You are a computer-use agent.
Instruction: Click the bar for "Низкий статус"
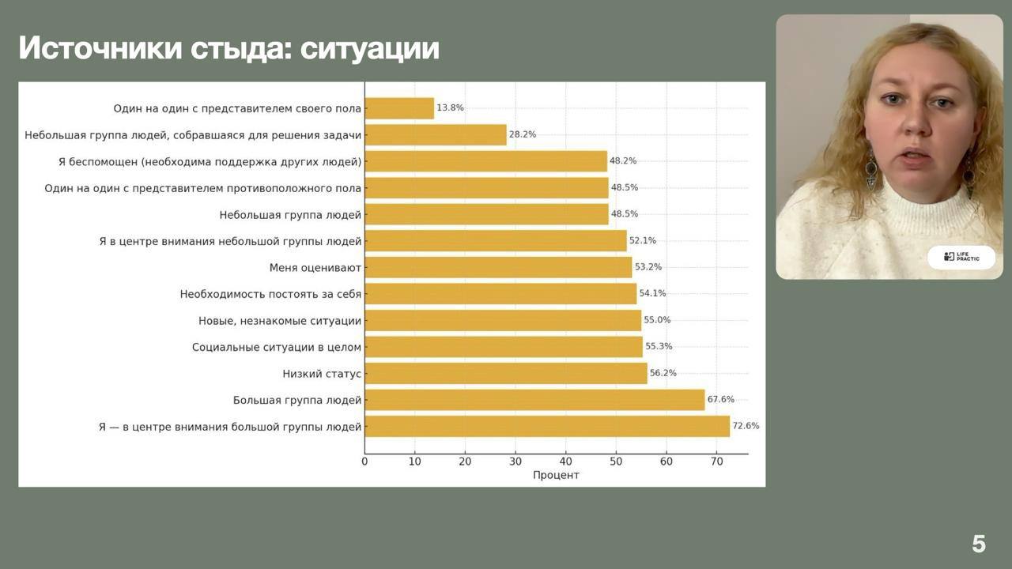click(x=506, y=373)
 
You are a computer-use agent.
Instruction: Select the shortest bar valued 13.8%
click(x=399, y=108)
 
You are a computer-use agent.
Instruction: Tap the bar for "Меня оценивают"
click(x=498, y=267)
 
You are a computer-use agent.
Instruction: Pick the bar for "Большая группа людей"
click(x=534, y=400)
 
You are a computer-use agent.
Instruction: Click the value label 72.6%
click(x=746, y=426)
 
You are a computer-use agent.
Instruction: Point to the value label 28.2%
click(x=523, y=134)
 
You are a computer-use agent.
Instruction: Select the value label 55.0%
click(x=658, y=320)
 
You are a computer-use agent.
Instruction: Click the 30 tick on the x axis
click(x=515, y=462)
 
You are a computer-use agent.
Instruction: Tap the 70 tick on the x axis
click(x=716, y=462)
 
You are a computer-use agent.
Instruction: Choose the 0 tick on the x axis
click(x=364, y=462)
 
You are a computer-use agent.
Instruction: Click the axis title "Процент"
click(x=556, y=475)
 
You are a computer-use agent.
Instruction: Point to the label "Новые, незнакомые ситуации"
click(x=280, y=320)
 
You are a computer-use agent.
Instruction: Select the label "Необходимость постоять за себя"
click(x=270, y=294)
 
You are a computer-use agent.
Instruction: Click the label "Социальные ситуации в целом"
click(x=277, y=347)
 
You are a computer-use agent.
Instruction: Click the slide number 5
click(x=979, y=544)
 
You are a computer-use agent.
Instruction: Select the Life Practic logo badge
click(x=961, y=258)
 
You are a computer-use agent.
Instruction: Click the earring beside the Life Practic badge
click(x=969, y=170)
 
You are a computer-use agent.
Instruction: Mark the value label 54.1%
click(x=652, y=293)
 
